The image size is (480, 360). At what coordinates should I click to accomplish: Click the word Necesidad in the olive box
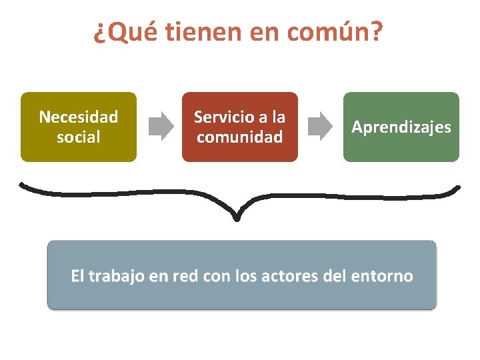(x=79, y=117)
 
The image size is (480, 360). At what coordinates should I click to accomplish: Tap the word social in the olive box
(x=79, y=137)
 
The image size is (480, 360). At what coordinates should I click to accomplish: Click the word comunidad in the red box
(x=240, y=137)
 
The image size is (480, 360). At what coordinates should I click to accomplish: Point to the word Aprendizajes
(x=401, y=127)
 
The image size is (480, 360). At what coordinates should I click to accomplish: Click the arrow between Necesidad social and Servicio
(x=160, y=127)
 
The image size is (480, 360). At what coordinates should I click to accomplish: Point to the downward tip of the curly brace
(x=237, y=218)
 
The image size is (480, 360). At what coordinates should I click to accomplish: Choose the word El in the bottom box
(x=77, y=276)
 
